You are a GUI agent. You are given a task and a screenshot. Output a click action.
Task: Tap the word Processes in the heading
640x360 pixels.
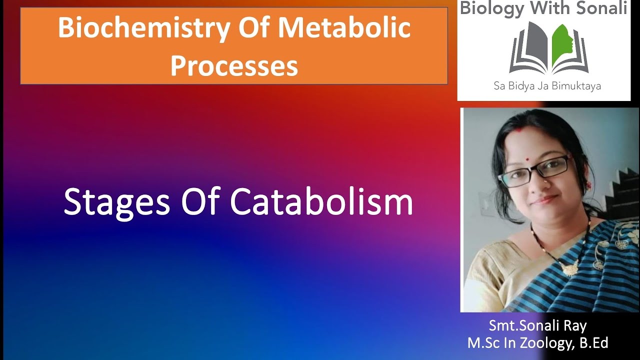click(x=234, y=65)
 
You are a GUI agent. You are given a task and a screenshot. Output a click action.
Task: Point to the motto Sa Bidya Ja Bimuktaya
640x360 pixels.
click(x=544, y=86)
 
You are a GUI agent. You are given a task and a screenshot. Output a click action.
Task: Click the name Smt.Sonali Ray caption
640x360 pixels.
click(x=537, y=326)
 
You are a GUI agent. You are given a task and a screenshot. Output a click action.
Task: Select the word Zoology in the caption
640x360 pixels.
click(x=548, y=343)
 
